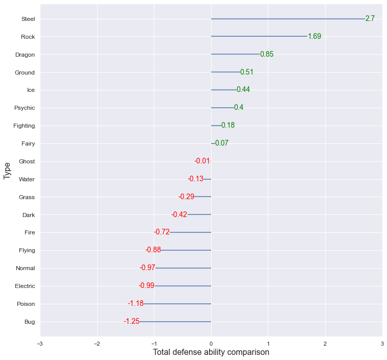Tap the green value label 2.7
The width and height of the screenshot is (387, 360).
[370, 18]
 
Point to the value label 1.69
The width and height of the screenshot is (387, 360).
[314, 36]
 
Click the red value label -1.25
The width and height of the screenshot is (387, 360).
[131, 321]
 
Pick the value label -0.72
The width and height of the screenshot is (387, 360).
[162, 232]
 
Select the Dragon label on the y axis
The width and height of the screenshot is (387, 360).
[25, 55]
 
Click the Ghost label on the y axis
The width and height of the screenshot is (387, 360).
[27, 161]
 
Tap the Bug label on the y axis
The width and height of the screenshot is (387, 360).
[30, 322]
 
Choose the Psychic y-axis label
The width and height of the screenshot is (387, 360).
[25, 108]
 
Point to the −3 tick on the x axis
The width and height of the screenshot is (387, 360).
[40, 343]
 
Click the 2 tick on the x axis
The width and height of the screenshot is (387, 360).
[325, 343]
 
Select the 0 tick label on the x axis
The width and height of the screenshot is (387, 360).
[211, 343]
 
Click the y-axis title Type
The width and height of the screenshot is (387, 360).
[7, 170]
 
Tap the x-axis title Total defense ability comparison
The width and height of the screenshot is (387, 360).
[211, 352]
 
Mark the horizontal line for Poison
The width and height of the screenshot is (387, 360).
[177, 304]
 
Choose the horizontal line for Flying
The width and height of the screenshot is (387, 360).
[186, 250]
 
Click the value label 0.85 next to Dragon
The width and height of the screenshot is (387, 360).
[267, 54]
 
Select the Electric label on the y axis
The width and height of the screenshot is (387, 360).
[25, 286]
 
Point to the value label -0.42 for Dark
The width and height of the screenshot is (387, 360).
[179, 214]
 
